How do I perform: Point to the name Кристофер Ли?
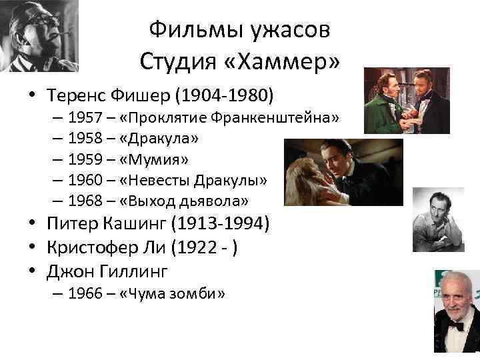(107, 248)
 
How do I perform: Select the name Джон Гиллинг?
(107, 271)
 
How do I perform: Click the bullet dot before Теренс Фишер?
(32, 95)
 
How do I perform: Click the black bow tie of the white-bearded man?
(455, 327)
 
